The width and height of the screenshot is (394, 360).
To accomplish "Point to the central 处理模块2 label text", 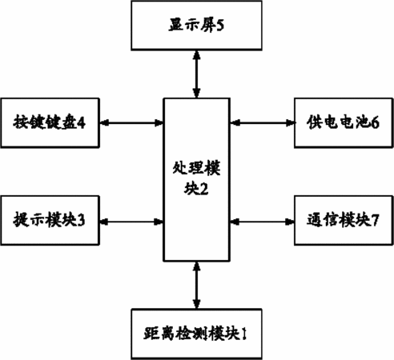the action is point(196,178).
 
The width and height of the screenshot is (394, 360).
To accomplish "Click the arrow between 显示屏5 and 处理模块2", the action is point(197,74).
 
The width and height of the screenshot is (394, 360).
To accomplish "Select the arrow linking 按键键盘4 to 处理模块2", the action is point(131,123).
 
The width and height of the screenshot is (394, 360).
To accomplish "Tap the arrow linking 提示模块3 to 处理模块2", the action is point(131,222).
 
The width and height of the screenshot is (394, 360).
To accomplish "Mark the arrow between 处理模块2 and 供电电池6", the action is point(262,123).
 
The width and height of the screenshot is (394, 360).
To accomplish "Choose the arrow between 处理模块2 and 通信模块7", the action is point(262,222).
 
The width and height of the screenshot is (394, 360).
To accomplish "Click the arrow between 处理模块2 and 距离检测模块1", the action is point(197,285).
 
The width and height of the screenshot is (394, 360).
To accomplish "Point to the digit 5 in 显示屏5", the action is point(220,26).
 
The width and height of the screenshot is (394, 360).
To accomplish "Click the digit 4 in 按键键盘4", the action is point(82,123).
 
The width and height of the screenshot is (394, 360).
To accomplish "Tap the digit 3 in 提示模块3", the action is point(81,221).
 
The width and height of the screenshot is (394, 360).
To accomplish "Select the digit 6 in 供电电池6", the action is point(375,123).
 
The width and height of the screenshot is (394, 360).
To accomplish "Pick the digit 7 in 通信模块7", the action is point(375,221).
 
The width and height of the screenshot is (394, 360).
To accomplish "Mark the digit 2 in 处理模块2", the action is point(204,189).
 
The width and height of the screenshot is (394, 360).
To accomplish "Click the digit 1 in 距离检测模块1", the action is point(243,334).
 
